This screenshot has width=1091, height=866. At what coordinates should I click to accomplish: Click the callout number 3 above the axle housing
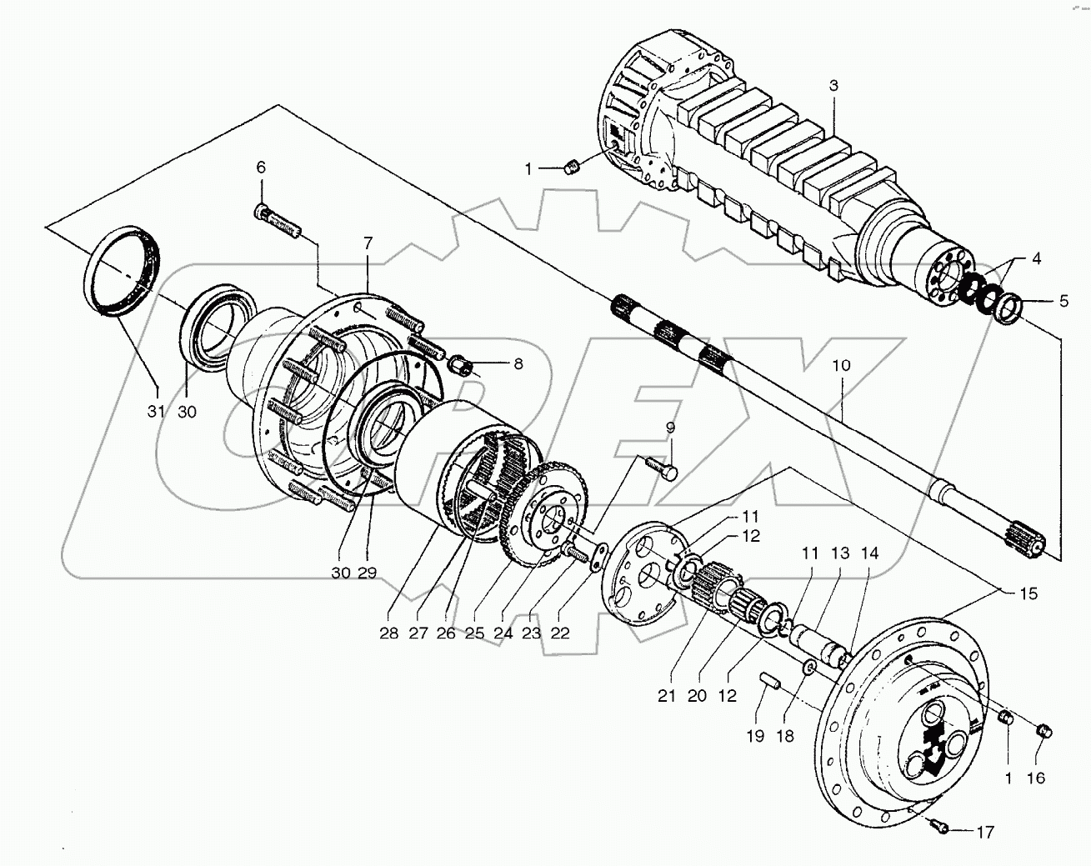coord(833,86)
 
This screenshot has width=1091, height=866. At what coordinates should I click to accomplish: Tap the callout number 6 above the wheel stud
coord(261,168)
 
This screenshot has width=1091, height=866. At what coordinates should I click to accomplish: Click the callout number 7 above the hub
coord(368,243)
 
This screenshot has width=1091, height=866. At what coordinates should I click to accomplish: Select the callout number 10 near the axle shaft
coord(842,366)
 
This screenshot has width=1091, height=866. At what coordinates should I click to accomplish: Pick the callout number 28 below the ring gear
coord(388,633)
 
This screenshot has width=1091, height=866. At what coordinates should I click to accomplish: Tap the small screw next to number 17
coord(936,825)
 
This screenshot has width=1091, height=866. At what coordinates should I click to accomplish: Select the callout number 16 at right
coord(1035,778)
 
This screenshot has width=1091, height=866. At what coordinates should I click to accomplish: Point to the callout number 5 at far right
coord(1063,302)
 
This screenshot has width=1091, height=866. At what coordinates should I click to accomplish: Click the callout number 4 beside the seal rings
coord(1036,259)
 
